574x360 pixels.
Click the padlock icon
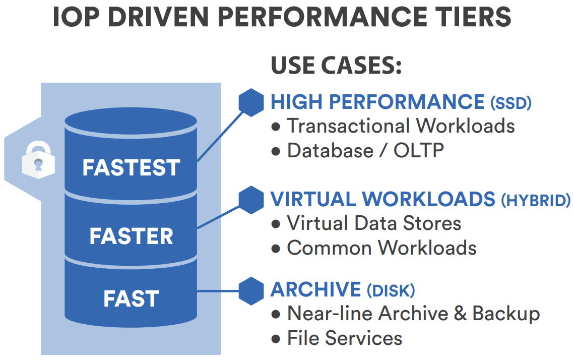[x=38, y=160]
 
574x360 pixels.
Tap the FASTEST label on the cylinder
[x=131, y=168]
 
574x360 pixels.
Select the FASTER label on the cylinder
[x=131, y=236]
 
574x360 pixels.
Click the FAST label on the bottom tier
[x=131, y=298]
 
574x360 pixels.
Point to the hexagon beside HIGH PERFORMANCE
[x=251, y=102]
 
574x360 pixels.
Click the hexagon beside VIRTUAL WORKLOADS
[x=251, y=200]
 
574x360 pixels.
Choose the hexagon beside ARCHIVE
[x=251, y=291]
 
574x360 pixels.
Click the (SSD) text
[x=511, y=103]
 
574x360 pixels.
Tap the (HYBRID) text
[x=536, y=201]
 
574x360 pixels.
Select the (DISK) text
[x=391, y=291]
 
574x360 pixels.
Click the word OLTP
[x=419, y=150]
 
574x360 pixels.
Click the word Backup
[x=506, y=314]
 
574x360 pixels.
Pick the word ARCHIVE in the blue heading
[x=316, y=289]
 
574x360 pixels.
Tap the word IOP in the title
[x=76, y=17]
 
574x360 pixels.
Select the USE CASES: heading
[x=336, y=66]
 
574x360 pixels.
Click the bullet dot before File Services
[x=276, y=339]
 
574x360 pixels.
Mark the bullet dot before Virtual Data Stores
[x=276, y=224]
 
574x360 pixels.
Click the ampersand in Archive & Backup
[x=460, y=314]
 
